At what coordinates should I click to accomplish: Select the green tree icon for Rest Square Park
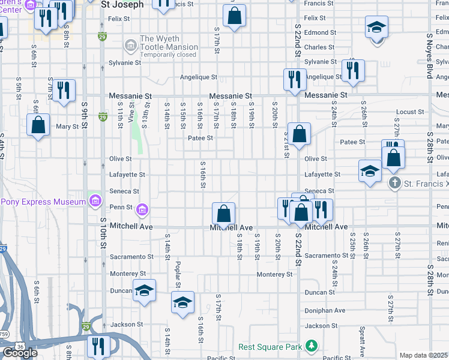point(311,346)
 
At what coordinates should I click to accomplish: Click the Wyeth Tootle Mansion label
point(169,43)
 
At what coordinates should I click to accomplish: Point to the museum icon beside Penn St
point(142,209)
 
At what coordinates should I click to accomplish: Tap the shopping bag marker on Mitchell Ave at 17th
point(223,214)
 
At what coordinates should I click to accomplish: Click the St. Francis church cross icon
point(394,183)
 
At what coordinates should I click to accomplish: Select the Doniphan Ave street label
point(325,311)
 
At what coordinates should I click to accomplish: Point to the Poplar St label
point(178,274)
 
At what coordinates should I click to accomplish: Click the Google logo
point(20,353)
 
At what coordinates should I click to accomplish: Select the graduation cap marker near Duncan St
point(143,290)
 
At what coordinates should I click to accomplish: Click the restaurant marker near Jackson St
point(97,346)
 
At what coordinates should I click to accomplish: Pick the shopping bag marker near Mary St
point(38,125)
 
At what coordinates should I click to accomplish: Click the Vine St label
point(131,112)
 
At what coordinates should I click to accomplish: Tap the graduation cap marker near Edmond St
point(376,27)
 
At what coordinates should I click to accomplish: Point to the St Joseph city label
point(122,5)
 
